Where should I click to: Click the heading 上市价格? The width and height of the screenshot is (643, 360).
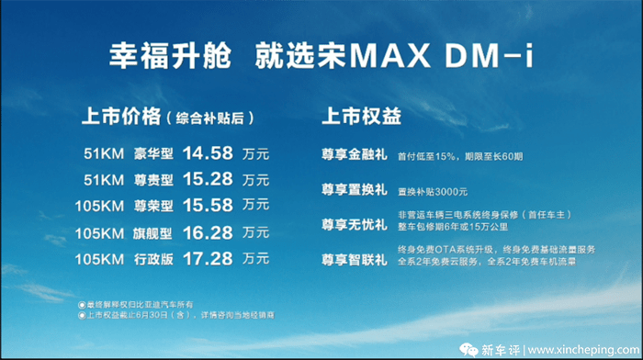120,118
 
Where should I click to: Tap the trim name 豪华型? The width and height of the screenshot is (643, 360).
152,152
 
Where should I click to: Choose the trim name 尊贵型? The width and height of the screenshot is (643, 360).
152,178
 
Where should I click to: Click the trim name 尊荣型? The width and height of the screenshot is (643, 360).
152,205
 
